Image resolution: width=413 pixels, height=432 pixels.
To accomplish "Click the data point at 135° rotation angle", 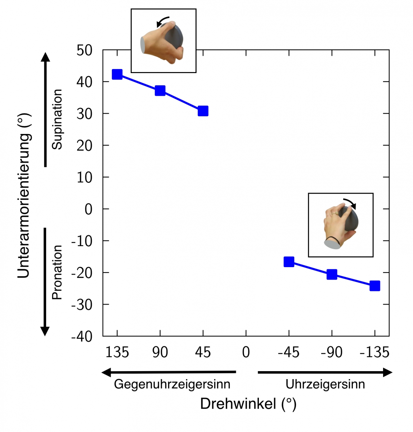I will click(117, 75).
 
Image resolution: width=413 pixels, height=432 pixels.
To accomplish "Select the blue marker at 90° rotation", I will click(160, 90).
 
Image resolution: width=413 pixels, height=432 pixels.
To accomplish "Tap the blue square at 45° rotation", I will click(203, 111).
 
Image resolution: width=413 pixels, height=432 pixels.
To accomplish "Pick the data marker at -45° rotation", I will click(289, 262).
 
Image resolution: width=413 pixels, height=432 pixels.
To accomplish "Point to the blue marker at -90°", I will click(332, 275).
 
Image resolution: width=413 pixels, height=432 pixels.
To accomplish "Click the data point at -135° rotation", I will click(375, 286).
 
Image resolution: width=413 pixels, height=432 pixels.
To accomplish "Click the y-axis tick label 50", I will click(84, 50).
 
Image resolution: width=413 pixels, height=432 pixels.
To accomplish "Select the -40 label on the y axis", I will click(82, 337).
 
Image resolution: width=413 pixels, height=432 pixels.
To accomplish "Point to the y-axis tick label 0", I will click(88, 209).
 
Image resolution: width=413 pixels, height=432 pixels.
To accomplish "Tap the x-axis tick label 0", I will click(246, 352).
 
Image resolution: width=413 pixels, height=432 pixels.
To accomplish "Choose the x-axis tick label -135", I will click(374, 352).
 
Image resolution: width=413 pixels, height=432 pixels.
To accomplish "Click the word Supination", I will click(57, 119).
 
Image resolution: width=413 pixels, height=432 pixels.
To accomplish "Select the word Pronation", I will click(57, 273).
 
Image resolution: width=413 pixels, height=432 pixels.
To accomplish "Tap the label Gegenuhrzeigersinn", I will click(172, 384).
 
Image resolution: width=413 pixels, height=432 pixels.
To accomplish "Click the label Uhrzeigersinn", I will click(325, 384).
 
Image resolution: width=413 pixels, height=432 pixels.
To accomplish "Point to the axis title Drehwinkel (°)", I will click(248, 404).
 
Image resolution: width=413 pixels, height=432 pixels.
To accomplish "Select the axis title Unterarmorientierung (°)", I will click(24, 196).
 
